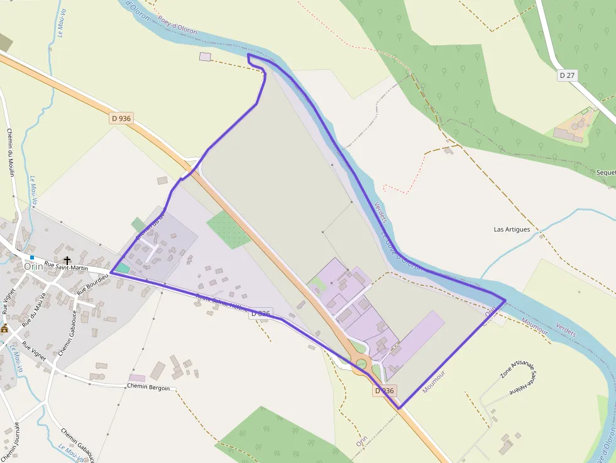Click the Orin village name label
pyautogui.click(x=34, y=266)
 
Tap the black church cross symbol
pyautogui.click(x=67, y=260)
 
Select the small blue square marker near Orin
pyautogui.click(x=31, y=258)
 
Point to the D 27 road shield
pyautogui.click(x=567, y=75)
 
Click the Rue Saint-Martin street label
pyautogui.click(x=66, y=268)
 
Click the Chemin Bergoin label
pyautogui.click(x=148, y=387)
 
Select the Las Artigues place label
pyautogui.click(x=512, y=229)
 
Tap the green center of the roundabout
pyautogui.click(x=361, y=363)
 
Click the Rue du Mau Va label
pyautogui.click(x=35, y=310)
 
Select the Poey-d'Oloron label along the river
pyautogui.click(x=178, y=26)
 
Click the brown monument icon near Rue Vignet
pyautogui.click(x=4, y=328)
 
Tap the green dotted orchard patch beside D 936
pyautogui.click(x=229, y=230)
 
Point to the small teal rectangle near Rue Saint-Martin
pyautogui.click(x=123, y=269)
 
